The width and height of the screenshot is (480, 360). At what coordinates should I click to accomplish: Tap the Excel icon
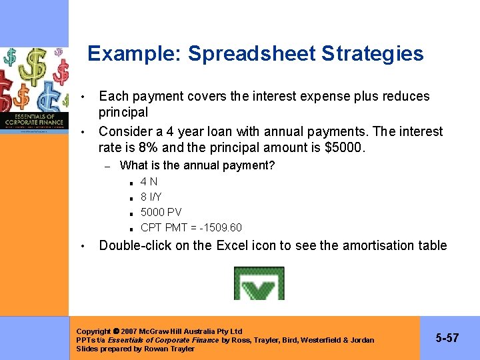click(259, 283)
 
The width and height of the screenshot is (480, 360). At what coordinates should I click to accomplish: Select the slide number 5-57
click(447, 338)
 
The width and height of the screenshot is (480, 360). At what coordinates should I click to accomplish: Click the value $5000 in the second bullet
click(343, 147)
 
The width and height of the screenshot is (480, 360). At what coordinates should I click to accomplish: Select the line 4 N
click(149, 181)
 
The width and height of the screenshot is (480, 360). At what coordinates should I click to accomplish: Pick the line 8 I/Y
click(151, 197)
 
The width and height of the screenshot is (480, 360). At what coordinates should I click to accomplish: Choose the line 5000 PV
click(161, 212)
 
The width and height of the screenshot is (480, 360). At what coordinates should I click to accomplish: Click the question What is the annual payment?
click(197, 165)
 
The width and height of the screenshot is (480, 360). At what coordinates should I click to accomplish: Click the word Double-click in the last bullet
click(135, 245)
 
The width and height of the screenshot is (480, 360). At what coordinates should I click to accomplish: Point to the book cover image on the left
click(34, 90)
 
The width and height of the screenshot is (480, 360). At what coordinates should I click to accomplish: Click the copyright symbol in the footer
click(117, 331)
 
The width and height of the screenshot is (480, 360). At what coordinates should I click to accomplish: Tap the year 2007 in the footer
click(130, 331)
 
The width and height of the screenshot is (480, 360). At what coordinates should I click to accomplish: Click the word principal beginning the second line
click(123, 112)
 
